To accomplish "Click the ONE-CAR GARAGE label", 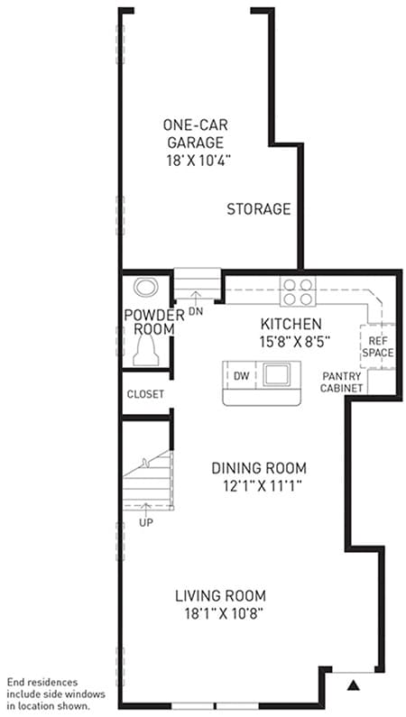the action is tap(195, 133).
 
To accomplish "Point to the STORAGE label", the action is tap(259, 209).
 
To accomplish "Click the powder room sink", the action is tap(146, 287).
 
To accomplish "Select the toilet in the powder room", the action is tap(146, 350).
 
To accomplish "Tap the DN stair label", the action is tap(195, 312).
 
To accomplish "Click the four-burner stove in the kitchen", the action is tap(298, 291).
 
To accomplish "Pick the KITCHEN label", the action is tap(291, 324).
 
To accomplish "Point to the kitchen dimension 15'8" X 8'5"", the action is tap(295, 342).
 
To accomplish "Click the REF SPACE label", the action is tap(378, 347).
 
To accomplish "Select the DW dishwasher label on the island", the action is tap(241, 376).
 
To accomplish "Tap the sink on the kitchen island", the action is tap(276, 374).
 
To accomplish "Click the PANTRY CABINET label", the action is tap(342, 382).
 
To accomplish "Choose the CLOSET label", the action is tap(145, 394).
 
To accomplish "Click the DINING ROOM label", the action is tap(259, 468).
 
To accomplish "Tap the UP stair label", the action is tap(146, 523).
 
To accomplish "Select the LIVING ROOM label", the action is tap(221, 596).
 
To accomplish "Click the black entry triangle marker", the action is tap(354, 685).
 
